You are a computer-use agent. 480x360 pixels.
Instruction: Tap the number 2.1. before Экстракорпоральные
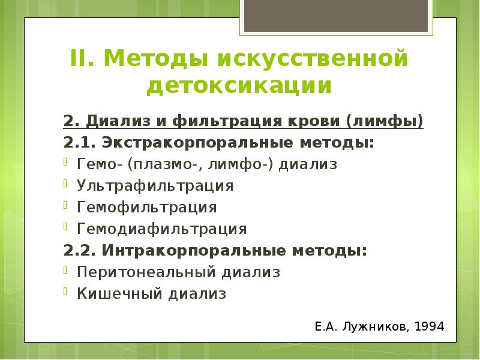80,143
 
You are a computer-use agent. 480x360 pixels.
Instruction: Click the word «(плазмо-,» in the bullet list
158,164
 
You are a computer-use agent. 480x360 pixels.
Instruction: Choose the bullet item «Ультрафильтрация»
155,186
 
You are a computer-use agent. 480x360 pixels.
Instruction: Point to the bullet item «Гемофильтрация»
146,207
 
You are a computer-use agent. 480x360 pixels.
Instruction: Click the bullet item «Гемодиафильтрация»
161,229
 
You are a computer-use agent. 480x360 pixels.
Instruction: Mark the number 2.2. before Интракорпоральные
80,250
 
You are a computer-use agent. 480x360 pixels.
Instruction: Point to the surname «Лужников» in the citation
376,327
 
